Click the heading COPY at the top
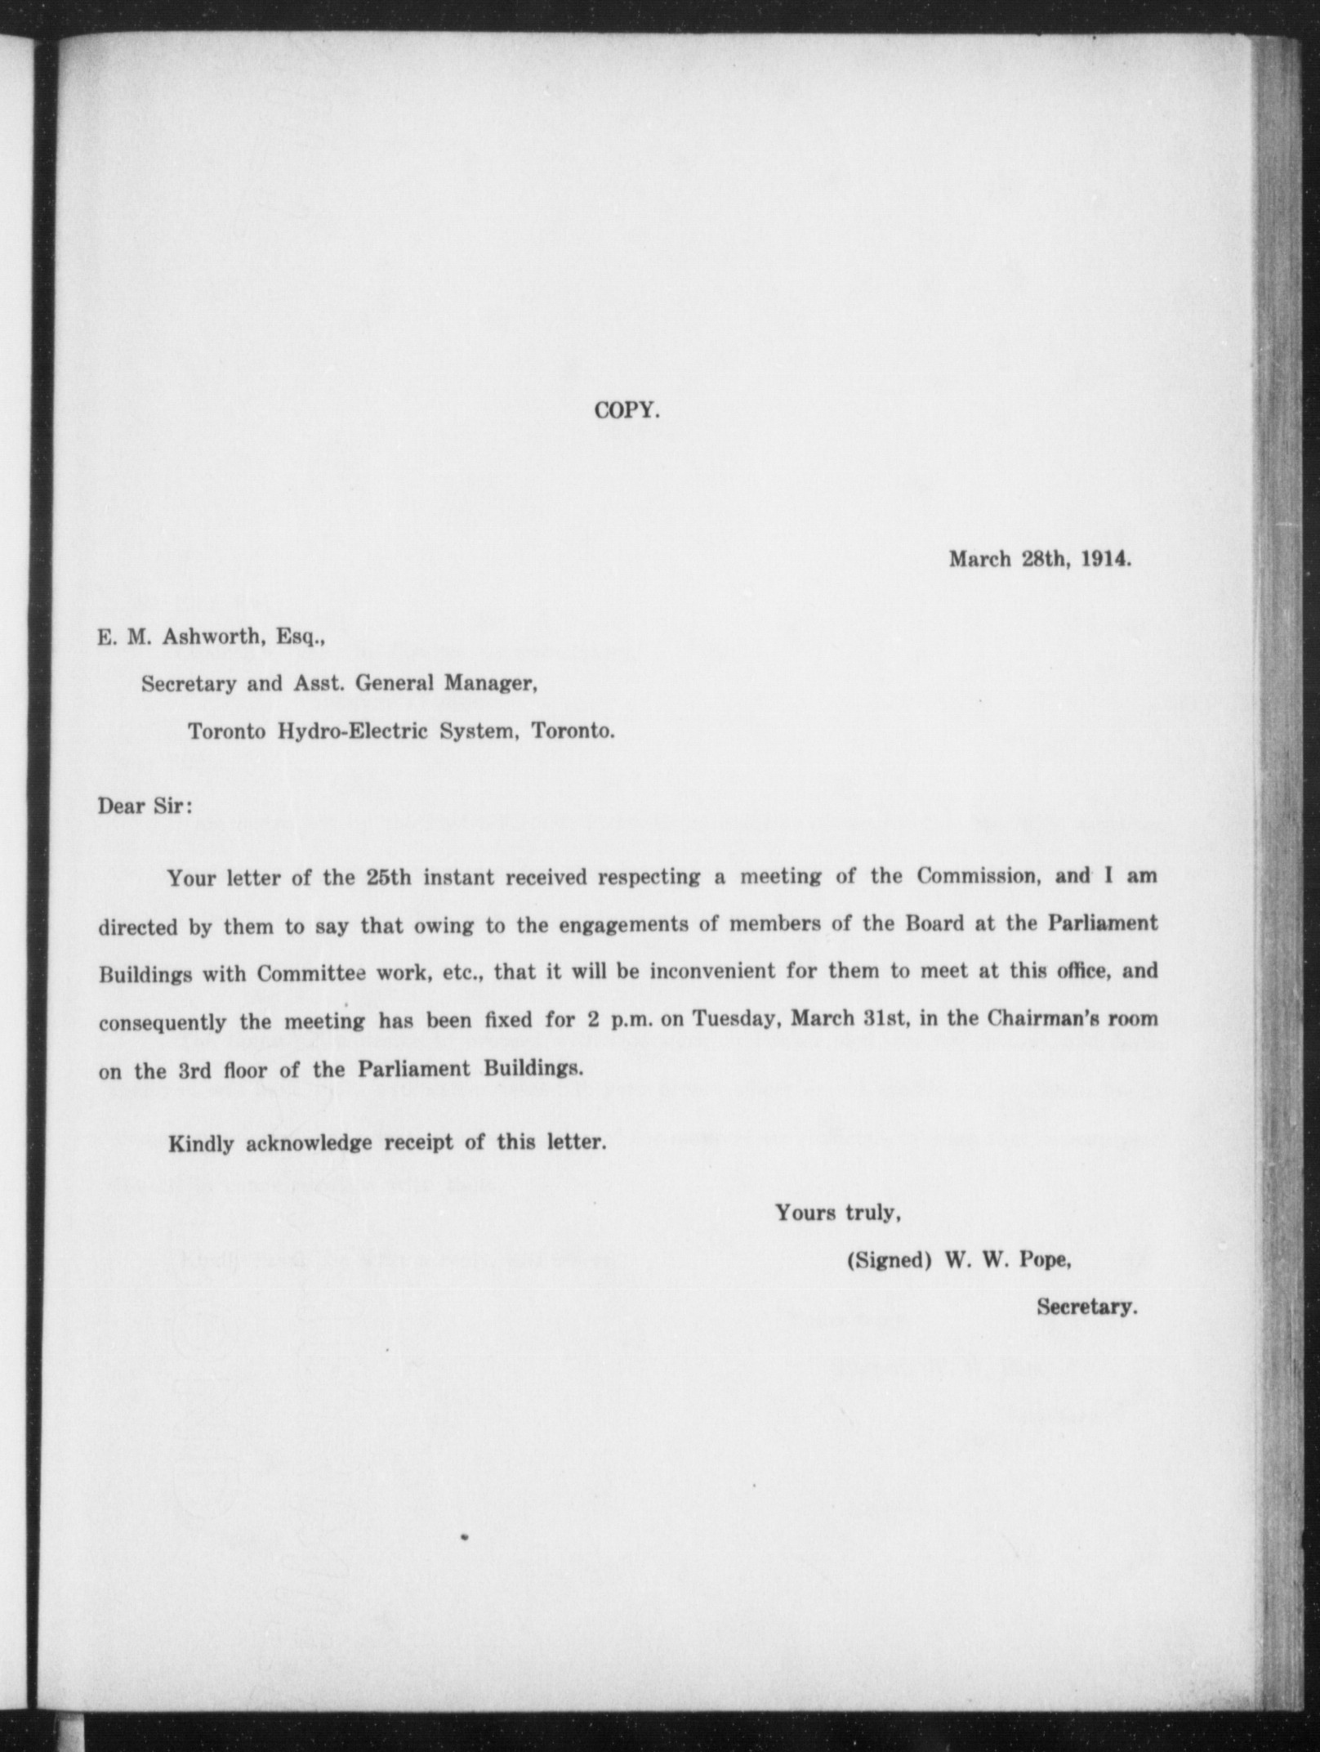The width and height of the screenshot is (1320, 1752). (x=627, y=410)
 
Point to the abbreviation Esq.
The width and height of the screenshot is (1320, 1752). (x=301, y=637)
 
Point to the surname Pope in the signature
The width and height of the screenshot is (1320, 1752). (x=1046, y=1260)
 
